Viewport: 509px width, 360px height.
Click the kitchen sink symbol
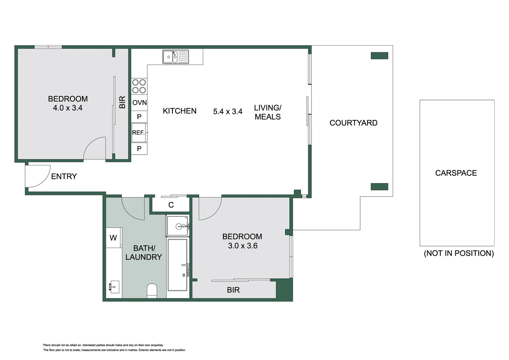[176, 57]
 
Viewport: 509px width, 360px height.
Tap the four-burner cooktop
[139, 86]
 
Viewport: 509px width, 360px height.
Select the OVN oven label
[139, 103]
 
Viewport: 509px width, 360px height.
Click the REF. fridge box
[139, 133]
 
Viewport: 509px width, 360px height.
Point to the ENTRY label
[64, 176]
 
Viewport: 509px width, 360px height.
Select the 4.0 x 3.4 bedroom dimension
[68, 108]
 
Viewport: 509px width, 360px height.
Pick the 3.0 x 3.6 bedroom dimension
[243, 246]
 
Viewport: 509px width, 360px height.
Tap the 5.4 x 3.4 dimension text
[228, 112]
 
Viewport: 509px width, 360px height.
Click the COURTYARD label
[353, 123]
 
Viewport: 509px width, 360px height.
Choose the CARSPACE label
[456, 173]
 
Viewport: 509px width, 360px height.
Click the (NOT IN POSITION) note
[459, 253]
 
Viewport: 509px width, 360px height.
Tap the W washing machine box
[113, 238]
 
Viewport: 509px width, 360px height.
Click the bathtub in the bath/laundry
[178, 265]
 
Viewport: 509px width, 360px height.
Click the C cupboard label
[171, 205]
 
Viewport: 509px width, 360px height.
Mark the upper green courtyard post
[379, 56]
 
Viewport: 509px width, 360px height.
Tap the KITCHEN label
[180, 111]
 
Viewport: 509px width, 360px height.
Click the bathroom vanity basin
[113, 287]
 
